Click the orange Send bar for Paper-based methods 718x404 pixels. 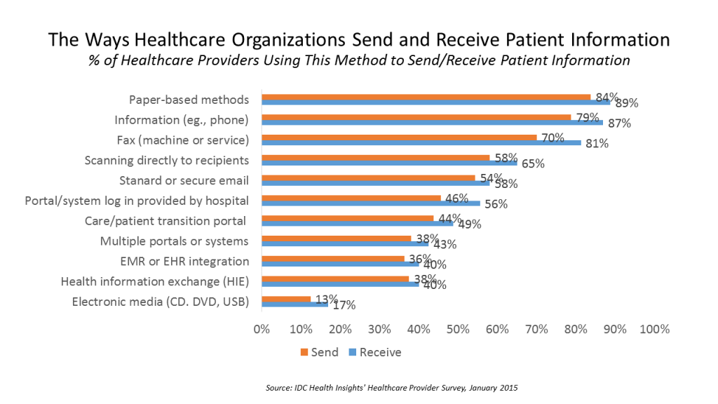coord(426,97)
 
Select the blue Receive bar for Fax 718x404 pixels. coord(421,142)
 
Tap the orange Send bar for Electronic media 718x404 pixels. coord(286,299)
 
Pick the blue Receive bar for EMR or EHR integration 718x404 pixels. coord(340,264)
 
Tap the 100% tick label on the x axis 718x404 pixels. coord(655,328)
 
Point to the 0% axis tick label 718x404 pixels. coord(262,328)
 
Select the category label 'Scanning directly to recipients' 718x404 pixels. coord(167,160)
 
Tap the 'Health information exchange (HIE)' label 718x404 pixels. coord(155,281)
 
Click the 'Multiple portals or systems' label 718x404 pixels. coord(174,241)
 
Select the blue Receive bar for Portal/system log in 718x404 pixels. coord(370,203)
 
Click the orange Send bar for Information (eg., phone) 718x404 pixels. coord(417,117)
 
